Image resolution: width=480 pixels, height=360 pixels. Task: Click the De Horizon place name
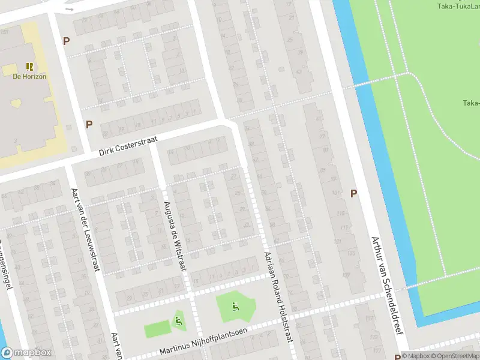(x=29, y=76)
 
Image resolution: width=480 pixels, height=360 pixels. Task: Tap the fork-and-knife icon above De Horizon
(x=29, y=66)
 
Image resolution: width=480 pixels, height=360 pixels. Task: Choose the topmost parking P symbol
(x=66, y=41)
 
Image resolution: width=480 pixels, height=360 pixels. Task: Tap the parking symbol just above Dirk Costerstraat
(x=89, y=124)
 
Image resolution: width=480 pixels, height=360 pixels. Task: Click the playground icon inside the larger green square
(x=235, y=307)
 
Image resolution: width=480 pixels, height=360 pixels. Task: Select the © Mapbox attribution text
(x=416, y=356)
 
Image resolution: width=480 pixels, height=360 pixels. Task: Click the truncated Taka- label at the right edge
(x=471, y=103)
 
